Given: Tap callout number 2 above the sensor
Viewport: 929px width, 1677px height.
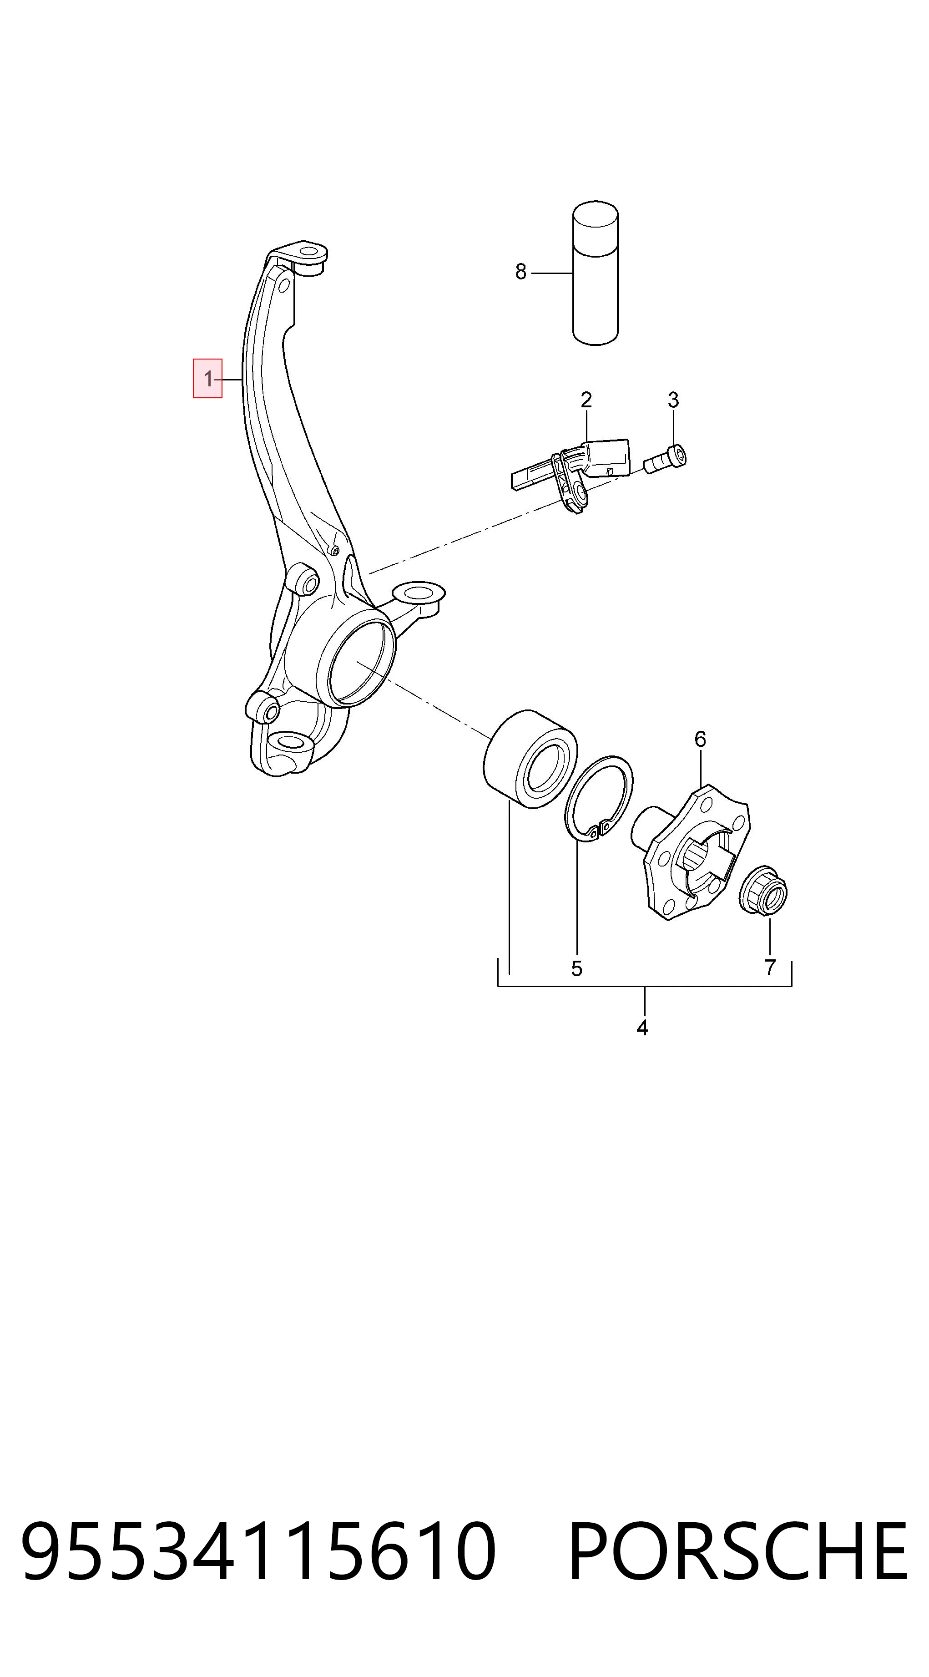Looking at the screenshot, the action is click(586, 400).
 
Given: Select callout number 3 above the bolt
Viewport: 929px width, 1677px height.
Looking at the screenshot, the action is click(673, 400).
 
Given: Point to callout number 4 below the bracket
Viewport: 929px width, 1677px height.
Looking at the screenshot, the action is click(642, 1028).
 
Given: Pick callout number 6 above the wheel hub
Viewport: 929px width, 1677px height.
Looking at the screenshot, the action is click(700, 739).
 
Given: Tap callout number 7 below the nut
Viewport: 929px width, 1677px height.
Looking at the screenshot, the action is click(770, 968).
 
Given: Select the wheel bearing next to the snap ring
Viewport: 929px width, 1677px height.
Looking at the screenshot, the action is click(530, 759).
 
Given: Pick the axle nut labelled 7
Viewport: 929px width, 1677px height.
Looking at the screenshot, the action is click(764, 890).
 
